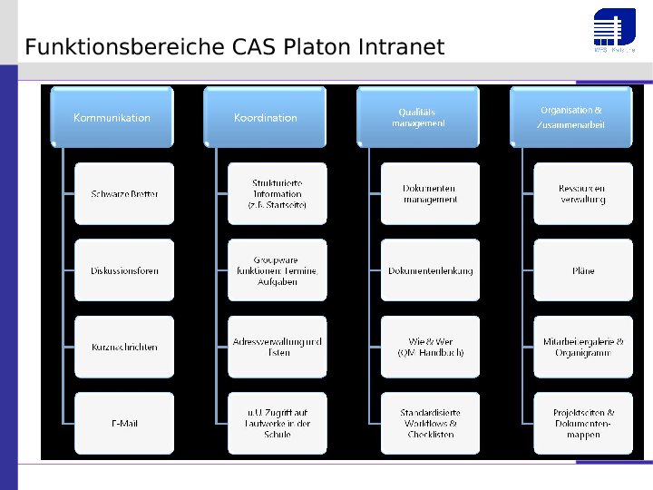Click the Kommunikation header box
click(x=112, y=117)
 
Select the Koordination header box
click(x=265, y=117)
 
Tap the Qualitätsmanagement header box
click(x=418, y=117)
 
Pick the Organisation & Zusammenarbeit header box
click(x=570, y=117)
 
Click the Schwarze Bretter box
click(x=124, y=194)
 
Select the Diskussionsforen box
click(x=124, y=270)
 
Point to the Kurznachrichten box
click(x=124, y=347)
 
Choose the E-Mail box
click(x=124, y=423)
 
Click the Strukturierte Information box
click(x=278, y=194)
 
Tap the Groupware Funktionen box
click(x=278, y=270)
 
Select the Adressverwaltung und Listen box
click(x=278, y=347)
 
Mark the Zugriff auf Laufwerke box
click(x=278, y=423)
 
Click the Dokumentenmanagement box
click(x=430, y=194)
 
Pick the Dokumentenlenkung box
click(x=430, y=270)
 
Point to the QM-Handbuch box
click(x=430, y=347)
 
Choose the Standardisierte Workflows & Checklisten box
click(x=430, y=423)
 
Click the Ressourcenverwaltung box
click(x=583, y=194)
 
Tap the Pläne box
click(x=583, y=270)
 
